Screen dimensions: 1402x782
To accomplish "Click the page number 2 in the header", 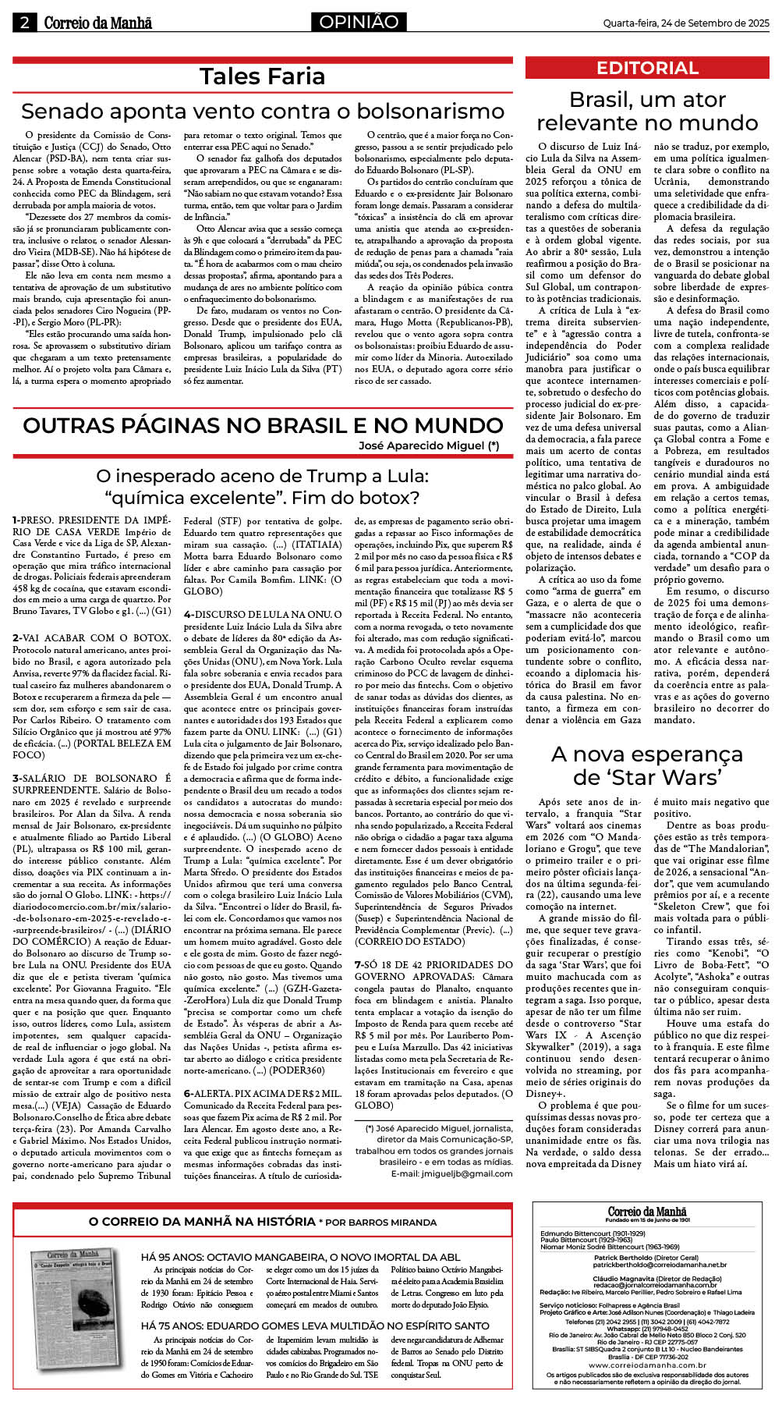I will [x=24, y=23].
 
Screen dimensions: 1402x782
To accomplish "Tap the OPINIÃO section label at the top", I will [x=359, y=23].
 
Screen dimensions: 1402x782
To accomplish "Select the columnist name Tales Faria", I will [x=262, y=76].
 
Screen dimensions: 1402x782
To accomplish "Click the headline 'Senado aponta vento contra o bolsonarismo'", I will [x=262, y=111].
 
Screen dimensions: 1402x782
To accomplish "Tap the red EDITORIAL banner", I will [x=647, y=68].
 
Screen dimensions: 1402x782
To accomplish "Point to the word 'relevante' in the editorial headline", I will [x=593, y=122].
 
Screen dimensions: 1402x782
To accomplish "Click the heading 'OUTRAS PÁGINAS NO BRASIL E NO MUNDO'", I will [x=262, y=425].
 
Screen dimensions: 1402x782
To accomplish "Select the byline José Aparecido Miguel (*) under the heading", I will [x=428, y=445].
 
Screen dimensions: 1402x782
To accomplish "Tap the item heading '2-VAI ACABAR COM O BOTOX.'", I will [x=91, y=637].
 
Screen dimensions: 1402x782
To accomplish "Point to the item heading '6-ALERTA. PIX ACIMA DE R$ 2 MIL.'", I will [x=263, y=1093].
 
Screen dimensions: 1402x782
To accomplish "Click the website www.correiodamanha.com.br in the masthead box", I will [x=648, y=1365].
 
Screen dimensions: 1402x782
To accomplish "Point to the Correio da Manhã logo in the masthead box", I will [x=647, y=1212].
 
